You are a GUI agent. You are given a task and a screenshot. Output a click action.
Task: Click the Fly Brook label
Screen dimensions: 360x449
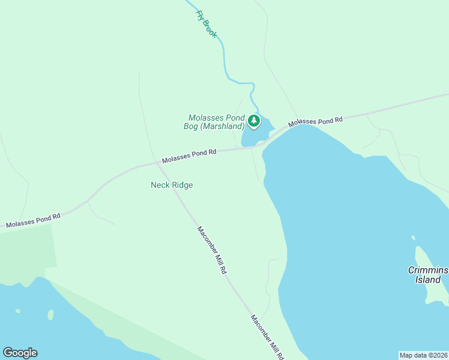206,25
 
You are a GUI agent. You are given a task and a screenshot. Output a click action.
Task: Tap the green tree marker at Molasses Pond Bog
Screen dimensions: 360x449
254,121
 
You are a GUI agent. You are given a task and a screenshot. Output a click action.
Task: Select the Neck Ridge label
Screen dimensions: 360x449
172,185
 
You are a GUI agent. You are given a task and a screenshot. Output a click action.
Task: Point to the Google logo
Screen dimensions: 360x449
20,353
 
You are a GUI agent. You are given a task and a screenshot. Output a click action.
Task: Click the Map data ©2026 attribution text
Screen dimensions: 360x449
423,355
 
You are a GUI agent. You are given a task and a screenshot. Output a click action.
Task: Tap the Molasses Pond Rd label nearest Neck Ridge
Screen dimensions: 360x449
188,156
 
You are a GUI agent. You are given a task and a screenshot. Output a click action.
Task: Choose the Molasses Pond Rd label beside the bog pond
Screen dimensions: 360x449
315,121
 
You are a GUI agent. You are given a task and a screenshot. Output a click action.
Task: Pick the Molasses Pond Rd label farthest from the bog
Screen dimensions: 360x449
33,220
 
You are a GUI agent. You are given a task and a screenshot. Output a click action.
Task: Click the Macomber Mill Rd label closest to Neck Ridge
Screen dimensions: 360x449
212,250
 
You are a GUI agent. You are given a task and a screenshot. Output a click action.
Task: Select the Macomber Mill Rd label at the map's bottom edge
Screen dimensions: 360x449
267,337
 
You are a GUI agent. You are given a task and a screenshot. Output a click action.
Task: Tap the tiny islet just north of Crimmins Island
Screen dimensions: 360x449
414,238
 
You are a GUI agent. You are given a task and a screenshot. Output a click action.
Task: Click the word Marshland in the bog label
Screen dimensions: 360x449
224,127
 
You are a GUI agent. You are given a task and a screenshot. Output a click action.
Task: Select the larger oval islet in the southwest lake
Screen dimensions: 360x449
50,314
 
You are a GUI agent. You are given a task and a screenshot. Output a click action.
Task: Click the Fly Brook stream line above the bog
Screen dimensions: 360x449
226,60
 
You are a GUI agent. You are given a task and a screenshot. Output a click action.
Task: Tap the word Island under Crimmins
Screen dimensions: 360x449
428,280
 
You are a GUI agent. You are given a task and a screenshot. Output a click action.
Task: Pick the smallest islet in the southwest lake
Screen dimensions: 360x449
17,311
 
